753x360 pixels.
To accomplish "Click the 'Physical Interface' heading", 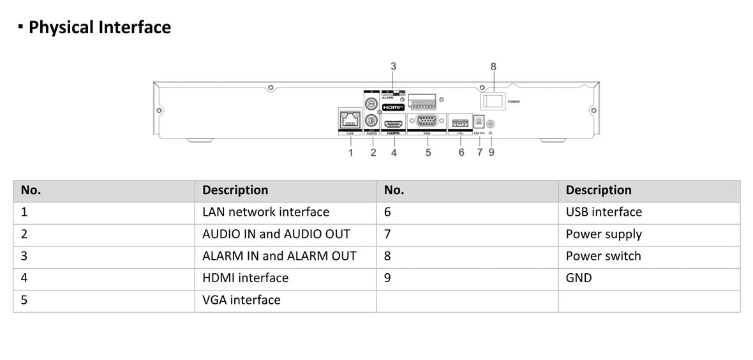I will click(x=100, y=27).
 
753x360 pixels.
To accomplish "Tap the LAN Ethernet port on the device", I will click(x=350, y=119).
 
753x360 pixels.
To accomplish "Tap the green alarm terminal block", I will click(x=423, y=101).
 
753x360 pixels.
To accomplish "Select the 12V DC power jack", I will click(x=479, y=120).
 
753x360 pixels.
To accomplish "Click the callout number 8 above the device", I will click(x=493, y=66).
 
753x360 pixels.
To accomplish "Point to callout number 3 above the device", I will click(x=393, y=66).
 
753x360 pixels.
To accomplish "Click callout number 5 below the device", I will click(x=428, y=153).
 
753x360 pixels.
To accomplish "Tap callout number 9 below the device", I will click(x=491, y=153).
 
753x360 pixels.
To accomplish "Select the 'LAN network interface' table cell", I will click(x=265, y=212).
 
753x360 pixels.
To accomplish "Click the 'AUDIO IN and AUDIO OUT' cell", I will click(x=276, y=234).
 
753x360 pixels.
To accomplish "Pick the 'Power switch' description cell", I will click(x=603, y=256).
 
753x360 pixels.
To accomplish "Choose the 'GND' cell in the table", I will click(x=579, y=278).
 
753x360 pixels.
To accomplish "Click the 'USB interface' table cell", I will click(x=604, y=212).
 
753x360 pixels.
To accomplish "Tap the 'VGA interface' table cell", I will click(x=241, y=300).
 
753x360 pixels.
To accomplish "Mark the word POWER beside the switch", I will click(x=514, y=101).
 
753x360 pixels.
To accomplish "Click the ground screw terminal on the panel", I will click(x=491, y=124).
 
